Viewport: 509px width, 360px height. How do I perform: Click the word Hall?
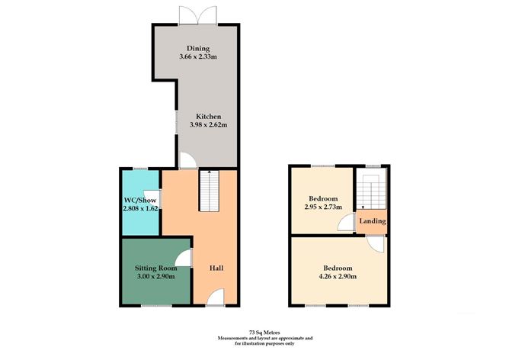coord(216,268)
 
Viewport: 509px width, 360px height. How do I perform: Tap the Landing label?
coord(374,221)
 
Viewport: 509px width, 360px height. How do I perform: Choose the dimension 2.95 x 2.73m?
coord(322,207)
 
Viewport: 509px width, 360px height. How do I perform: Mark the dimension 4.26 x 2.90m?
coord(337,277)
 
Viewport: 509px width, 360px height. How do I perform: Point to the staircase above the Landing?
coord(373,191)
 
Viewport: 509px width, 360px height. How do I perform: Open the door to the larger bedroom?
coord(376,244)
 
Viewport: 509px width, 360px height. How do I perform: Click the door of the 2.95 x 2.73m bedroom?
coord(347,222)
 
